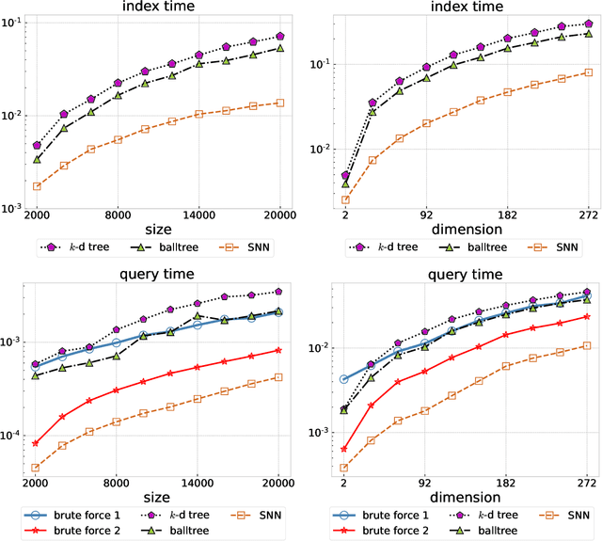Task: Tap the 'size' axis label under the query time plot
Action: [x=51, y=496]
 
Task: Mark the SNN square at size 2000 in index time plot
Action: [x=36, y=186]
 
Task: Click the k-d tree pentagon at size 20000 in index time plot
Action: [x=279, y=37]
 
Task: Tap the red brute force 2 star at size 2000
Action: [x=36, y=443]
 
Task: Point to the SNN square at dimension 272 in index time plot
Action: [x=588, y=72]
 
